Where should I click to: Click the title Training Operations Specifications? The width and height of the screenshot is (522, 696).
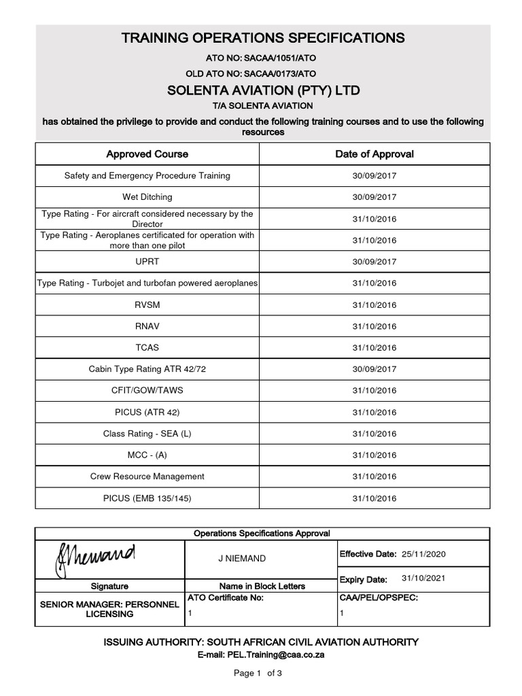pyautogui.click(x=262, y=38)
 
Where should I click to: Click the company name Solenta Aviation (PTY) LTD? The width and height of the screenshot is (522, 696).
pyautogui.click(x=264, y=90)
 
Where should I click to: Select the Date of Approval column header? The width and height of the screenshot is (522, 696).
pyautogui.click(x=374, y=154)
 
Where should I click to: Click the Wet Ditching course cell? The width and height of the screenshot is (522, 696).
pyautogui.click(x=147, y=197)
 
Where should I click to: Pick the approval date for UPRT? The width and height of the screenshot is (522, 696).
pyautogui.click(x=374, y=262)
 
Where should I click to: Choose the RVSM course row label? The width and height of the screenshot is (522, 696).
pyautogui.click(x=147, y=304)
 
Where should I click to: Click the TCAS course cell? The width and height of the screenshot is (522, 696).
pyautogui.click(x=147, y=347)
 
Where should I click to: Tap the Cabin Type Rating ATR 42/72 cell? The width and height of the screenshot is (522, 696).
pyautogui.click(x=147, y=369)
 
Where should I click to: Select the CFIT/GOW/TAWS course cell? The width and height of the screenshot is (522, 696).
pyautogui.click(x=147, y=391)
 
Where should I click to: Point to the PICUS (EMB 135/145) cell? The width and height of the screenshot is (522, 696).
pyautogui.click(x=147, y=498)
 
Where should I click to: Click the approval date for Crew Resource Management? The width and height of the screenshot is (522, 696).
pyautogui.click(x=374, y=476)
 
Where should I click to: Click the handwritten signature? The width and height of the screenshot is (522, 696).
pyautogui.click(x=92, y=559)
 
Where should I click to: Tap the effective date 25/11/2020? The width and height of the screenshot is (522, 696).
pyautogui.click(x=423, y=554)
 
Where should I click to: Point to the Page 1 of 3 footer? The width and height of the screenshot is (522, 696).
pyautogui.click(x=258, y=674)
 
